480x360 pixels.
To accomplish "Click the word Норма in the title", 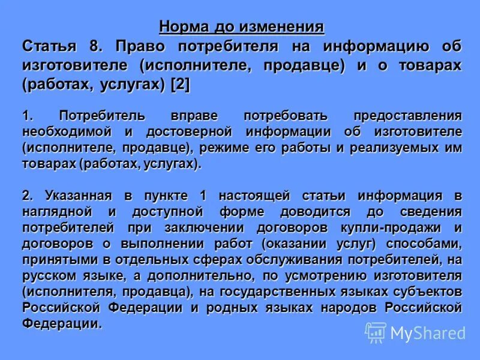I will tap(179, 28).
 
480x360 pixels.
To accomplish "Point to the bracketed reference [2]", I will tap(180, 85).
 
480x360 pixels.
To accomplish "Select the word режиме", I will tap(224, 148).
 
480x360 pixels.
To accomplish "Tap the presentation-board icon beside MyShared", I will tap(376, 332).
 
